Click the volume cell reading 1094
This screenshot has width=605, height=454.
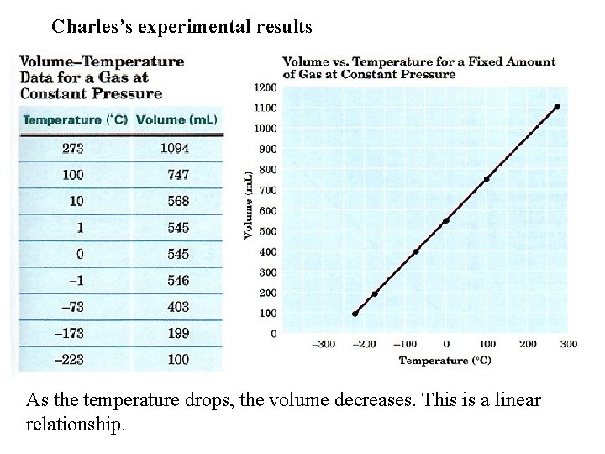(x=175, y=148)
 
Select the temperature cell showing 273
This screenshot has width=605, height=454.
(x=73, y=148)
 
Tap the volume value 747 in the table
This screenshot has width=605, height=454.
(x=178, y=175)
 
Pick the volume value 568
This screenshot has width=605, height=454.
(x=178, y=201)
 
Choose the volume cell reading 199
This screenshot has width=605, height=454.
(x=178, y=333)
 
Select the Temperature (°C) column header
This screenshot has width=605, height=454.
(x=75, y=119)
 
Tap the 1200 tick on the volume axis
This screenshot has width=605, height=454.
(x=265, y=87)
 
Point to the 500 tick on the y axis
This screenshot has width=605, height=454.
(x=267, y=231)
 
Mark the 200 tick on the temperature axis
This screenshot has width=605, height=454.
(x=528, y=344)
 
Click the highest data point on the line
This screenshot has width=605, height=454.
(x=557, y=107)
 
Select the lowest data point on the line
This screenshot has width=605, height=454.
(x=355, y=314)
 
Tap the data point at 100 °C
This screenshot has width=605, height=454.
(x=487, y=179)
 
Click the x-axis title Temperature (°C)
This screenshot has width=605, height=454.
(x=445, y=361)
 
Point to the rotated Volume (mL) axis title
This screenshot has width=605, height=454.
(x=249, y=210)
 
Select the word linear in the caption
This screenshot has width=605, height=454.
(x=513, y=399)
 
